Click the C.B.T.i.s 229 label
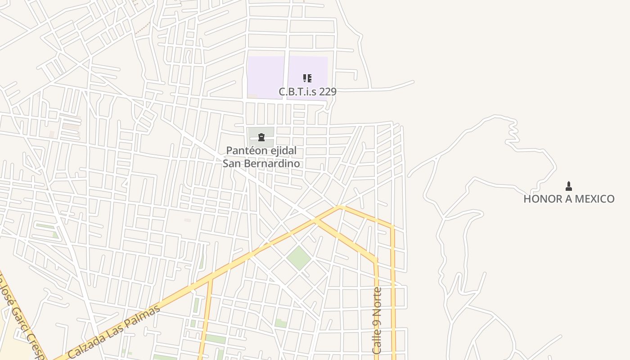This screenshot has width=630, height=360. click(x=307, y=92)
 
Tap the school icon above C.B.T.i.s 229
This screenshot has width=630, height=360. click(x=307, y=79)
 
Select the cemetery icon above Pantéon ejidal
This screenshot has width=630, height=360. click(x=261, y=137)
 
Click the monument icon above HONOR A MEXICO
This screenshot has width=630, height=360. click(x=569, y=186)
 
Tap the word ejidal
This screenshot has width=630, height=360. click(x=283, y=151)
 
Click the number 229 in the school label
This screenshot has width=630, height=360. click(x=327, y=92)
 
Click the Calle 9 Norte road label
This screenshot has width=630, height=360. click(x=377, y=320)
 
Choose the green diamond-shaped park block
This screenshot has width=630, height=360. click(x=298, y=258)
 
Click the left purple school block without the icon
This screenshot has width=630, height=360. click(x=265, y=76)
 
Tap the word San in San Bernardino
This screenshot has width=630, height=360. click(x=232, y=163)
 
